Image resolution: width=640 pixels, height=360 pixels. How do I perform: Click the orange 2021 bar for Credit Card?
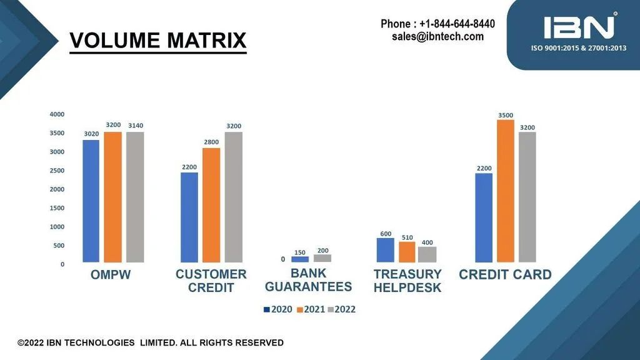[x=505, y=191]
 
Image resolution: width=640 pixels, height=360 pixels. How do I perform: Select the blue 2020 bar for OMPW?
[x=91, y=201]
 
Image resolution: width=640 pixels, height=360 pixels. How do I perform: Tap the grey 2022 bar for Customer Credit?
[x=234, y=197]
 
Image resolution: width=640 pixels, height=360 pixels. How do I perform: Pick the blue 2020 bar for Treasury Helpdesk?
[x=385, y=250]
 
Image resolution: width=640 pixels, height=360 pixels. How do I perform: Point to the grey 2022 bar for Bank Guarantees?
[x=322, y=258]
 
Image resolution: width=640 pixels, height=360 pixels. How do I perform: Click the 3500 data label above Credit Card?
[x=505, y=115]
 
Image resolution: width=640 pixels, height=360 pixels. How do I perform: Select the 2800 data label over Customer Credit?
[x=211, y=142]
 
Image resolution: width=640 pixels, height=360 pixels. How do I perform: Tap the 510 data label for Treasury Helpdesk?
[x=407, y=237]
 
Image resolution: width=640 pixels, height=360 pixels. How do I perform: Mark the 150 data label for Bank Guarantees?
[x=300, y=252]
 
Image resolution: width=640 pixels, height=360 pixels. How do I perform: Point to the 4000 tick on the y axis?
[x=57, y=114]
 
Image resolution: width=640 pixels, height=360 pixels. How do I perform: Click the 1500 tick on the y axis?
[x=57, y=208]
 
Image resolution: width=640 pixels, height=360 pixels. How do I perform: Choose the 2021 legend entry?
[x=311, y=309]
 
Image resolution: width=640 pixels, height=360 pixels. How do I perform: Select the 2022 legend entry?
[x=342, y=309]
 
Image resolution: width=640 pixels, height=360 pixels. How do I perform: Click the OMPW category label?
[x=111, y=275]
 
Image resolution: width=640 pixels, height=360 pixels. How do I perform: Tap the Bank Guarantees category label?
[x=309, y=280]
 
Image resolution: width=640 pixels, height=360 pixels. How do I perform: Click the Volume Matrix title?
[x=158, y=41]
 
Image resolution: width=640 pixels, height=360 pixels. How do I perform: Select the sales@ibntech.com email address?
[x=437, y=36]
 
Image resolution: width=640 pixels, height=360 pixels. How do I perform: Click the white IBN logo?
[x=579, y=27]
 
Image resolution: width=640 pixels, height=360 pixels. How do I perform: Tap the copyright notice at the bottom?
[x=151, y=343]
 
